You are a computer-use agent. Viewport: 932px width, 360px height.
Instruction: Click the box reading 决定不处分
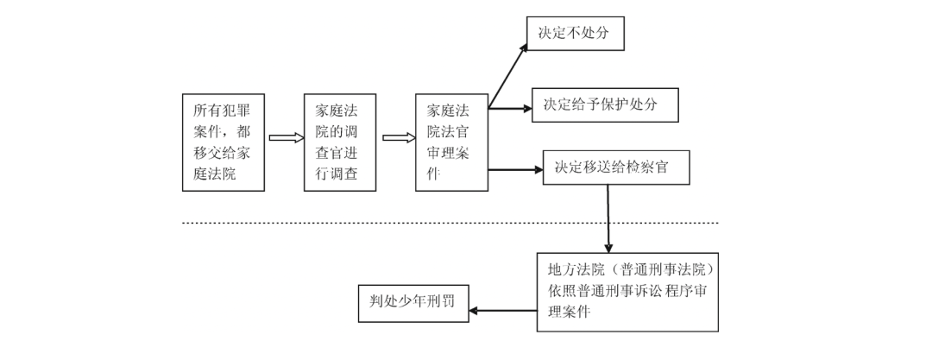[574, 34]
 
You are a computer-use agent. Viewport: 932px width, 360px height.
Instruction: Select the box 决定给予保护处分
[605, 104]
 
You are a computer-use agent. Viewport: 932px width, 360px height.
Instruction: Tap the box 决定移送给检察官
[617, 168]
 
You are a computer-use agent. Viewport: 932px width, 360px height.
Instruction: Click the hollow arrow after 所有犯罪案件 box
[287, 137]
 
